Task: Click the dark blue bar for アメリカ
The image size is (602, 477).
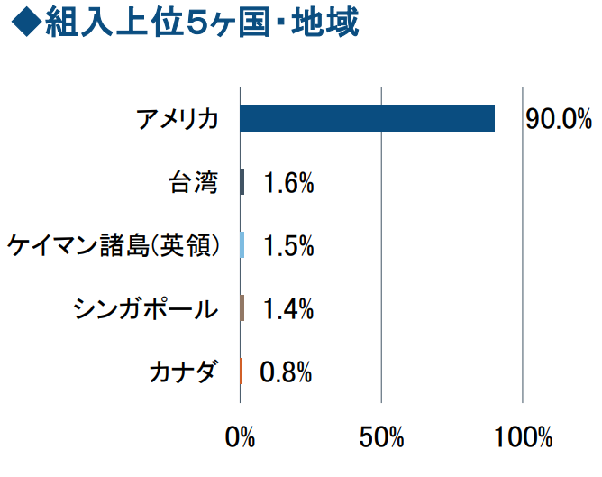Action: (x=368, y=119)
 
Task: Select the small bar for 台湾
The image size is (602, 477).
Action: (x=242, y=182)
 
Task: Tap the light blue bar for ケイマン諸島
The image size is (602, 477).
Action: (x=242, y=245)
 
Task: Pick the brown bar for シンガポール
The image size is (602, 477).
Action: (x=242, y=308)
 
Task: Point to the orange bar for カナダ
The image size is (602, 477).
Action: (x=242, y=371)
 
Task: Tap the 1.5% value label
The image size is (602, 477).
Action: (x=288, y=246)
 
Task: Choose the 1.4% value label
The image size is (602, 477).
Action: (x=288, y=309)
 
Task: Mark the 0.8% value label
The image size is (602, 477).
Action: (x=287, y=372)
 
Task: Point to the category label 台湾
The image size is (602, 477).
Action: (x=194, y=183)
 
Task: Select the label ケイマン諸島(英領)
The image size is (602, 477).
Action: (x=114, y=246)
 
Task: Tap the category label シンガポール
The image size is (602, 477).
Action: (x=146, y=309)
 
